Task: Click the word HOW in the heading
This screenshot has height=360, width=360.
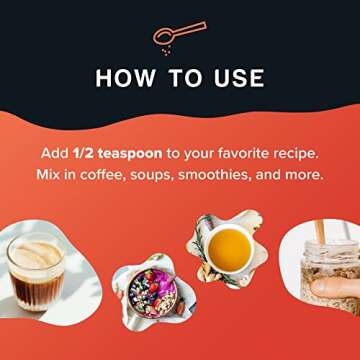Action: (125, 79)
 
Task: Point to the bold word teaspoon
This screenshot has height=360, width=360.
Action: (130, 154)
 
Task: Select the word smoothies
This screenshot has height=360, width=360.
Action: (215, 175)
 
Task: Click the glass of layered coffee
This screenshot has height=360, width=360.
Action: (36, 272)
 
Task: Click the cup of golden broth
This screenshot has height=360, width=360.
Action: (229, 248)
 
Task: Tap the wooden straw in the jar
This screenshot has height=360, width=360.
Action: (320, 231)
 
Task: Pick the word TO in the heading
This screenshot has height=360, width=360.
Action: (184, 79)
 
